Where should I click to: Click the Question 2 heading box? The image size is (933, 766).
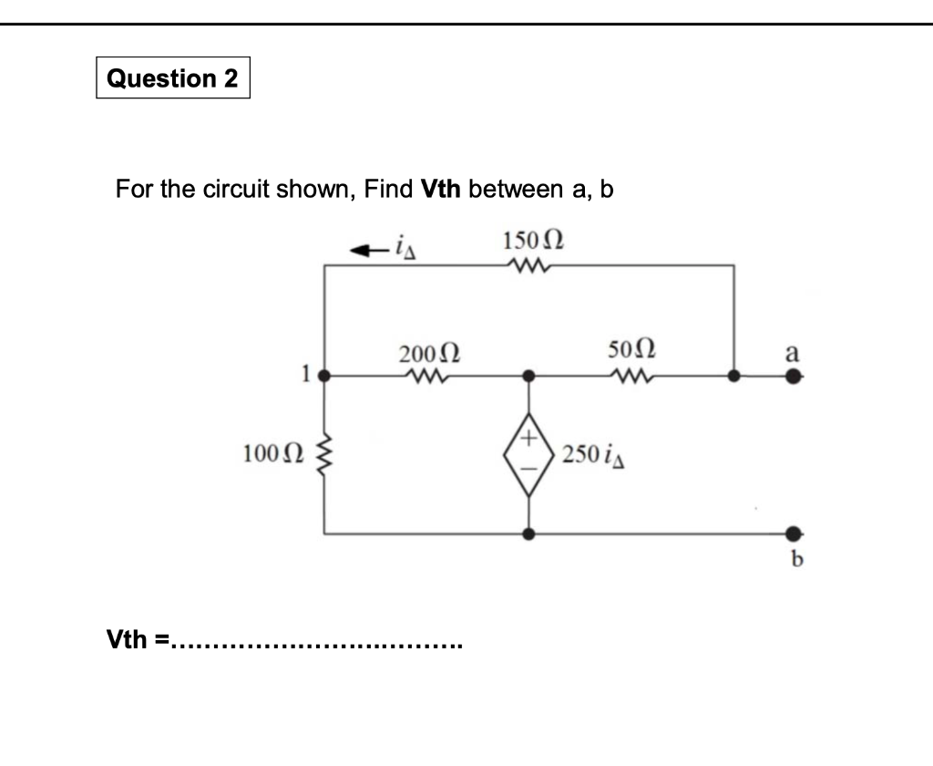tap(172, 78)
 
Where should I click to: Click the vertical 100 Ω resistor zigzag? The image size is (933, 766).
tap(326, 453)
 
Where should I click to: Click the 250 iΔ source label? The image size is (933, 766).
tap(592, 453)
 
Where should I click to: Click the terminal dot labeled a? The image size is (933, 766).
tap(794, 375)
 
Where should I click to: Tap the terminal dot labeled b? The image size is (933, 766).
tap(794, 533)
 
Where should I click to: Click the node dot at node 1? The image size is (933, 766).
tap(327, 375)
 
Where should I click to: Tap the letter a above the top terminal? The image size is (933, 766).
tap(793, 352)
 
